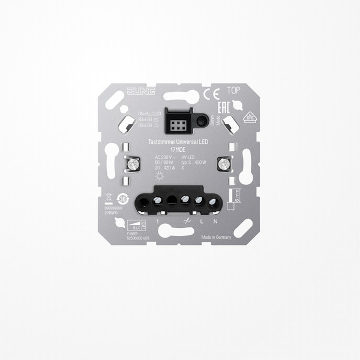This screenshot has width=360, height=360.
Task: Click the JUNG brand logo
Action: click(x=139, y=91)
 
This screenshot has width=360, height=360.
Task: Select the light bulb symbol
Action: click(x=151, y=177)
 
